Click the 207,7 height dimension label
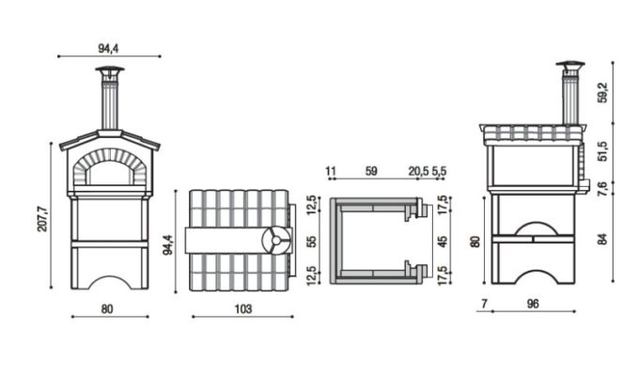coord(42,219)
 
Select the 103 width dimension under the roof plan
coord(243,309)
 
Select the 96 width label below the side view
coord(533,304)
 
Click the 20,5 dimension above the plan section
coord(419,171)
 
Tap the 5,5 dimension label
coord(439,171)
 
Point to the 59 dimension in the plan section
coord(371,171)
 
